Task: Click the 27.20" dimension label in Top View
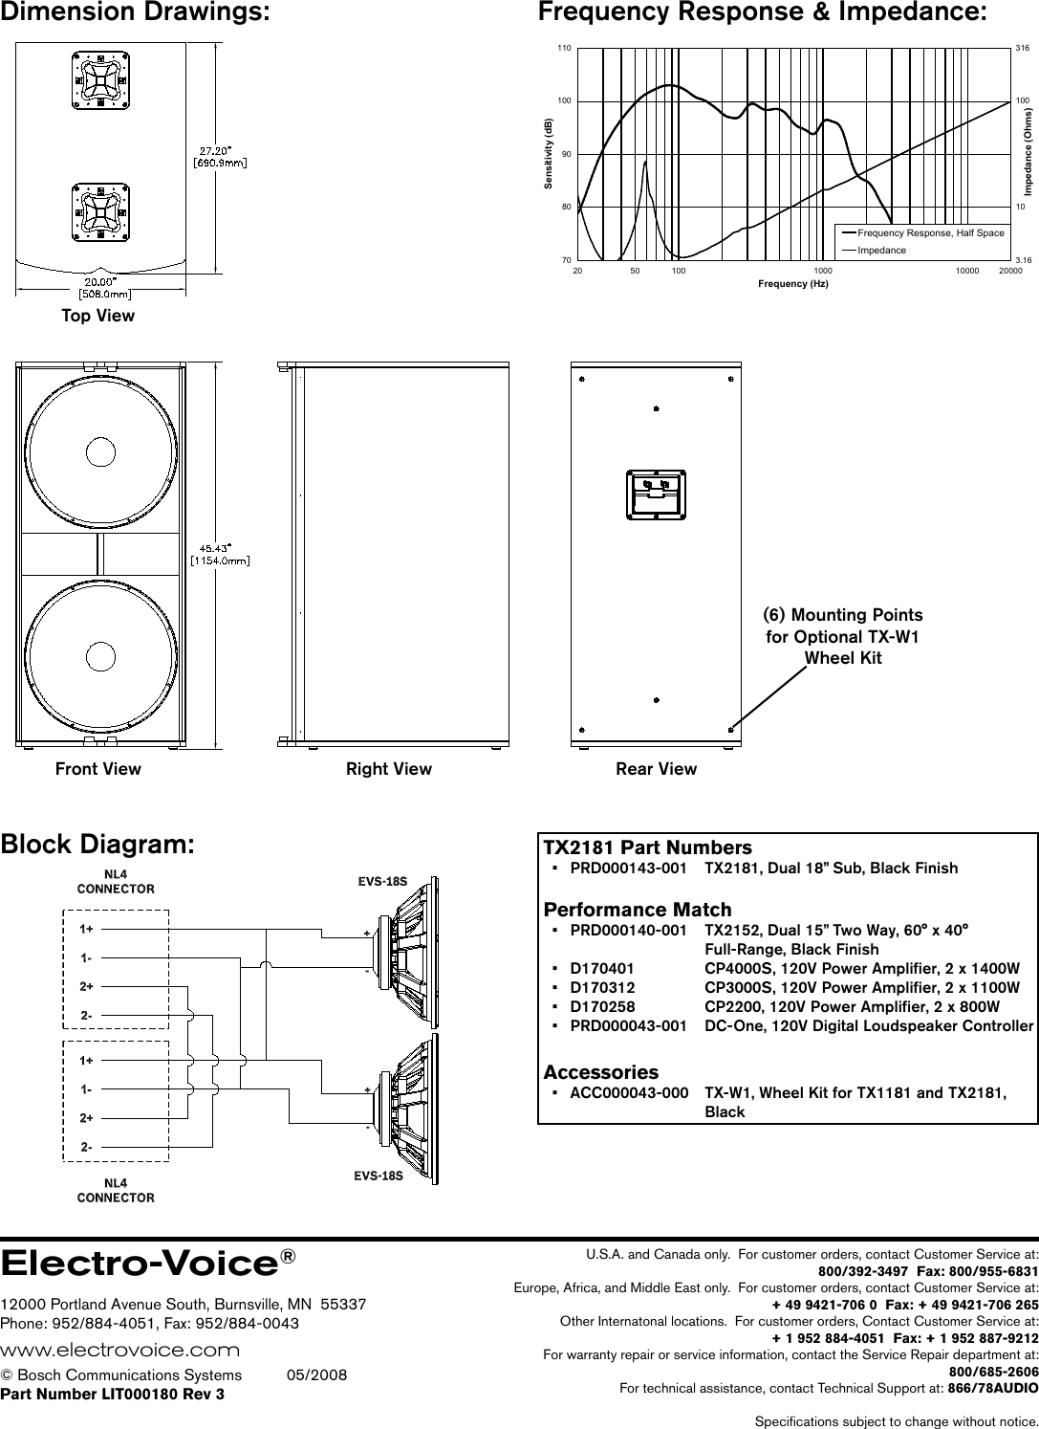tap(221, 155)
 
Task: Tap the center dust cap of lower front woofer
tap(99, 655)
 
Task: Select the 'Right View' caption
tap(388, 769)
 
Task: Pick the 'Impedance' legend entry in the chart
tap(881, 250)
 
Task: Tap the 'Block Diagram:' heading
tap(98, 845)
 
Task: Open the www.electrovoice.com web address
tap(120, 1350)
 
